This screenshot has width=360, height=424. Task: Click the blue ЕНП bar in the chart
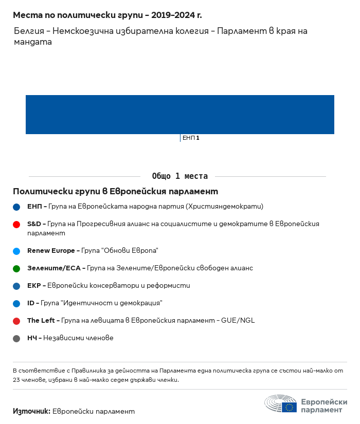(180, 115)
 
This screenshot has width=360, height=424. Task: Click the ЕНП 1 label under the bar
(191, 138)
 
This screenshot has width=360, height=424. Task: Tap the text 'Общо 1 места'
(180, 176)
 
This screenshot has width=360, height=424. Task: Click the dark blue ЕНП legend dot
(16, 207)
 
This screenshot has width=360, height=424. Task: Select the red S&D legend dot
(16, 225)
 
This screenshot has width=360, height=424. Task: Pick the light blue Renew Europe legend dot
(16, 251)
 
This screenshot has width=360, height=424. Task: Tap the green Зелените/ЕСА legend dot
(16, 269)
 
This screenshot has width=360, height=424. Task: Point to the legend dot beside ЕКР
(16, 286)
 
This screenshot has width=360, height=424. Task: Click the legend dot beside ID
(16, 304)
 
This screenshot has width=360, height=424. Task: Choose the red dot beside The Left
(16, 321)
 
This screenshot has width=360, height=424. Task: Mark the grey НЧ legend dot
(16, 339)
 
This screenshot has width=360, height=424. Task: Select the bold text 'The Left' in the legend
(41, 321)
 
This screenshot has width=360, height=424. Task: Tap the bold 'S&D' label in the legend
(34, 224)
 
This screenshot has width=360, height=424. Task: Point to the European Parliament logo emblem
(281, 404)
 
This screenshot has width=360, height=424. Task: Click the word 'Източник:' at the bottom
(31, 411)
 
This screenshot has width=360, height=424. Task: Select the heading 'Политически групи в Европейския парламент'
(115, 192)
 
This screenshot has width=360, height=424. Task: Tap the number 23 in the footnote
(17, 380)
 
